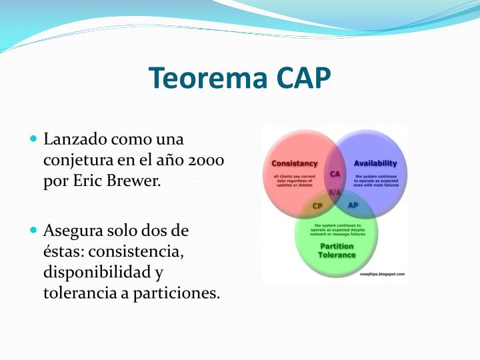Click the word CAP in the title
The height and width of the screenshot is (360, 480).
[x=302, y=78]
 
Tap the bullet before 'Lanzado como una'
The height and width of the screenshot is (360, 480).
[x=34, y=139]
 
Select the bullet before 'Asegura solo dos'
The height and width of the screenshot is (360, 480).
[x=34, y=231]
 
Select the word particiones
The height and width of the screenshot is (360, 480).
[x=178, y=293]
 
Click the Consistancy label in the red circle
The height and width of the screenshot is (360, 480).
[x=295, y=163]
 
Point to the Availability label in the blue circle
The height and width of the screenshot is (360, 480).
[x=375, y=163]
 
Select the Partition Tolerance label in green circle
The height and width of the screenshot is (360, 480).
[x=337, y=251]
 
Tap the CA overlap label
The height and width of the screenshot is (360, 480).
[x=335, y=174]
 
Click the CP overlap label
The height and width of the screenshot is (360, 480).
[x=317, y=206]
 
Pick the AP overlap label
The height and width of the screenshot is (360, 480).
[x=353, y=205]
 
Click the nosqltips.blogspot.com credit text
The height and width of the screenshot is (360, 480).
[x=382, y=274]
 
